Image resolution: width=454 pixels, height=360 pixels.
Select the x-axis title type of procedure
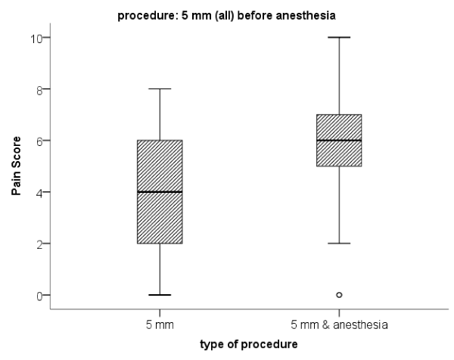[x=250, y=345]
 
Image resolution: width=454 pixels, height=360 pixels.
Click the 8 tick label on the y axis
[x=38, y=89]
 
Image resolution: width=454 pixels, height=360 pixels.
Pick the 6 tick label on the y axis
[x=38, y=141]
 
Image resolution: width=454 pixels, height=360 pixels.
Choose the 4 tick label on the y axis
[x=38, y=192]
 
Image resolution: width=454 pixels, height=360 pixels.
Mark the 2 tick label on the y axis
[x=38, y=244]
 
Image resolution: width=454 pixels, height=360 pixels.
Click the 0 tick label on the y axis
[x=38, y=295]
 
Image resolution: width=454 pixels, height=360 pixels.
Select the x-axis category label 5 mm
[x=160, y=324]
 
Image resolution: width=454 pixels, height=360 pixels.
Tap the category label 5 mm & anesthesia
[x=338, y=324]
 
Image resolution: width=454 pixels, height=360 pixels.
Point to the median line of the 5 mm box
[x=160, y=192]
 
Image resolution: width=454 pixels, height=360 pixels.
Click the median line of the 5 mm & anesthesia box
[x=338, y=141]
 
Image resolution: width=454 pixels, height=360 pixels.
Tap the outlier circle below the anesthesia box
[x=339, y=295]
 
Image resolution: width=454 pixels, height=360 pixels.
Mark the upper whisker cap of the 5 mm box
[x=160, y=89]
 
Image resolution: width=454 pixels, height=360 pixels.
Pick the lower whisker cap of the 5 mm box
[x=160, y=295]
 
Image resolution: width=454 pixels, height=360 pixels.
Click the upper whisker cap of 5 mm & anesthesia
[x=338, y=37]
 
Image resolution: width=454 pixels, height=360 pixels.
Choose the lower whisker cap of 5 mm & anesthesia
[x=338, y=244]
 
